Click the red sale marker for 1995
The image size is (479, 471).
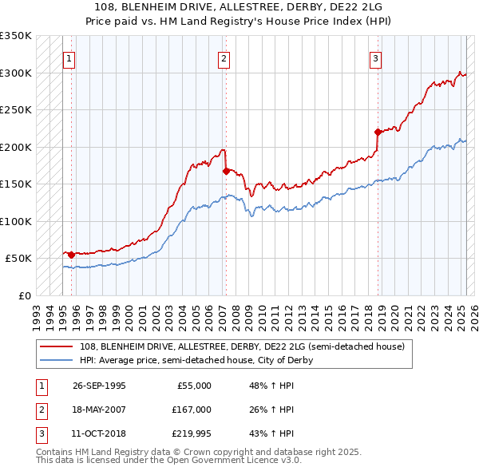72,255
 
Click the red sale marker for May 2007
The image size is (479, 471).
226,171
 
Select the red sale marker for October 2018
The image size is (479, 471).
378,132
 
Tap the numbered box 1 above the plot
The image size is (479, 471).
69,57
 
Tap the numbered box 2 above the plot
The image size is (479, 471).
224,57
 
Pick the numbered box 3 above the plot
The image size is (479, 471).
374,57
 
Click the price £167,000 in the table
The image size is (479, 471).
192,410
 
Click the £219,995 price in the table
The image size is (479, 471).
192,434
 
